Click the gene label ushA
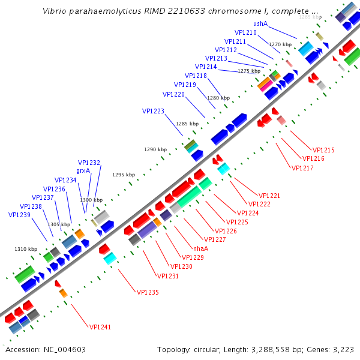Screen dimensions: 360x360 pyautogui.click(x=260, y=24)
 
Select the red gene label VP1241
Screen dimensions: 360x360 pyautogui.click(x=100, y=327)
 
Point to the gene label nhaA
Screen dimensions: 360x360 pyautogui.click(x=200, y=248)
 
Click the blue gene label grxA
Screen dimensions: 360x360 pyautogui.click(x=83, y=170)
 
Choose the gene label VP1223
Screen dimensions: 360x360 pyautogui.click(x=153, y=111)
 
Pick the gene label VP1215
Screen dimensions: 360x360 pyautogui.click(x=323, y=150)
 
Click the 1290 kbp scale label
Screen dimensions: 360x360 pyautogui.click(x=155, y=149)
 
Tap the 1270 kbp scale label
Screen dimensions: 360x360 pyautogui.click(x=280, y=44)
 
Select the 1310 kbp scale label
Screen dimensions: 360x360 pyautogui.click(x=25, y=249)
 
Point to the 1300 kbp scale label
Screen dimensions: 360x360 pyautogui.click(x=91, y=200)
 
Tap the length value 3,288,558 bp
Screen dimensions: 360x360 pyautogui.click(x=283, y=349)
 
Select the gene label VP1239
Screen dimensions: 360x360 pyautogui.click(x=19, y=215)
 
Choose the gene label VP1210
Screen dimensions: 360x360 pyautogui.click(x=245, y=32)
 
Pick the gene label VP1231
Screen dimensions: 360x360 pyautogui.click(x=167, y=276)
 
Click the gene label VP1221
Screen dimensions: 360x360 pyautogui.click(x=269, y=196)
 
